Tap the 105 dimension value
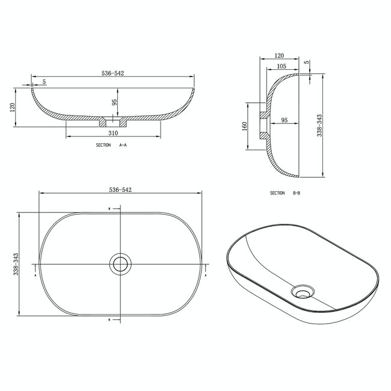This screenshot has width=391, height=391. click(x=281, y=66)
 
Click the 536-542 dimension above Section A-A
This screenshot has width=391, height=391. click(x=113, y=73)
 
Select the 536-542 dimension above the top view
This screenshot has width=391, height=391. click(x=120, y=189)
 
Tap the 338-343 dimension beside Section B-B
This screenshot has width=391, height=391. click(x=321, y=126)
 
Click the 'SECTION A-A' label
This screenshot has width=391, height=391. click(x=111, y=146)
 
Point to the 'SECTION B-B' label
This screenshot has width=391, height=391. click(x=285, y=193)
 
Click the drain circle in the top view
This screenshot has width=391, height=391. click(x=120, y=263)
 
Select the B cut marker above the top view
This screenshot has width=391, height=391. click(x=109, y=209)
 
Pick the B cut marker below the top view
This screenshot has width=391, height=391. click(x=109, y=319)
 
